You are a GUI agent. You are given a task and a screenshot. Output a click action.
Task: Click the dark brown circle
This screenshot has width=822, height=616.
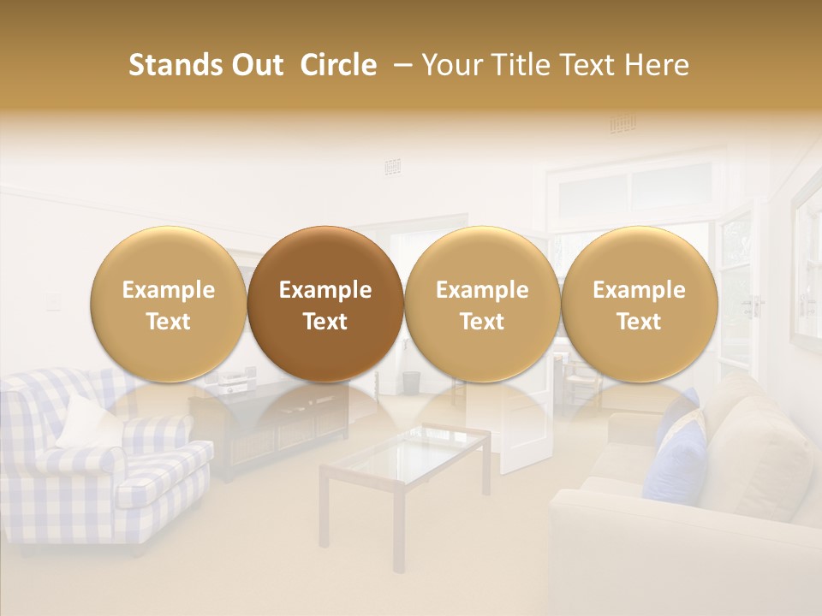point(325,304)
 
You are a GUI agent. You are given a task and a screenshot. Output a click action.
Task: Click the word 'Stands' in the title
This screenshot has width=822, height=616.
point(176,65)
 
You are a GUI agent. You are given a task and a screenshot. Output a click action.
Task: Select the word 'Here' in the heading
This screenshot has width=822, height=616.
point(658,65)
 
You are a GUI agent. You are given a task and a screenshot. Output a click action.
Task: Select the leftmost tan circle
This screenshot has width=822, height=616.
point(169,304)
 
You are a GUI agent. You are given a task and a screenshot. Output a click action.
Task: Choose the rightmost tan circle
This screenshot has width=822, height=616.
point(639,304)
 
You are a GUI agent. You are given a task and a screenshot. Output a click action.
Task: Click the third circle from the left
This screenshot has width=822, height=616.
point(482,304)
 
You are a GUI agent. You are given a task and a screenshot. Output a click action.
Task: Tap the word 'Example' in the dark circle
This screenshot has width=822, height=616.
point(325,290)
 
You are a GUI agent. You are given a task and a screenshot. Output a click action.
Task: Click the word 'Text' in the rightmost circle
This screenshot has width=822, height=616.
point(639,322)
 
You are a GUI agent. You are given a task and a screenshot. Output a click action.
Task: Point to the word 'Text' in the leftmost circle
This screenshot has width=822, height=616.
point(169,322)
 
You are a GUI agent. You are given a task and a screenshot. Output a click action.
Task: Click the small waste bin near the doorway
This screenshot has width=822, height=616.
point(412,382)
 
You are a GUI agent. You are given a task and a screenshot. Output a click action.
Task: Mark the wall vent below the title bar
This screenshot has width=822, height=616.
point(393,167)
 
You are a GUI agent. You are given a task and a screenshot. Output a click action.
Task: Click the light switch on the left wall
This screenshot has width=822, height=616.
point(54,299)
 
